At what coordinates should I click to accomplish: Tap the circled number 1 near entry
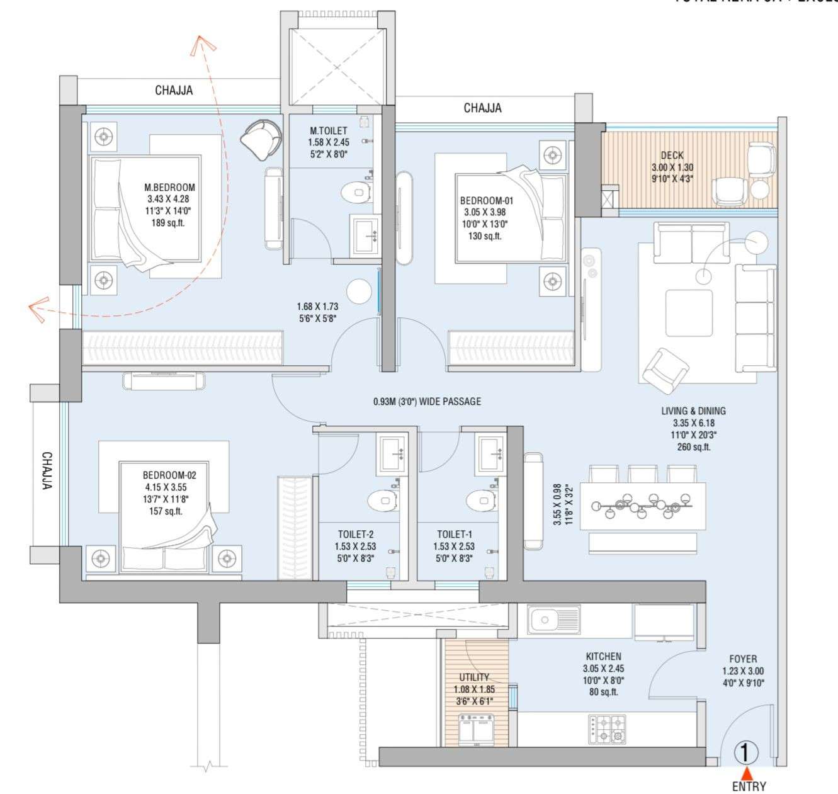tap(746, 752)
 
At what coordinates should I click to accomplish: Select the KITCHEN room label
tap(603, 656)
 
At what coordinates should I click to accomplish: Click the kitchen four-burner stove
tap(607, 729)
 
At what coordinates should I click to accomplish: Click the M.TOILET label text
tap(328, 130)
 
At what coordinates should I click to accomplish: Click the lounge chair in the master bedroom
tap(260, 139)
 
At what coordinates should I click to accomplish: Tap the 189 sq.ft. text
tap(168, 223)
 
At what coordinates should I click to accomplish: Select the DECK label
tap(672, 155)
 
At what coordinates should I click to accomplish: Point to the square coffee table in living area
tap(689, 312)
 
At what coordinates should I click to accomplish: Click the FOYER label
tap(743, 659)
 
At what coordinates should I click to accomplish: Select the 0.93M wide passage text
tap(427, 401)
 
